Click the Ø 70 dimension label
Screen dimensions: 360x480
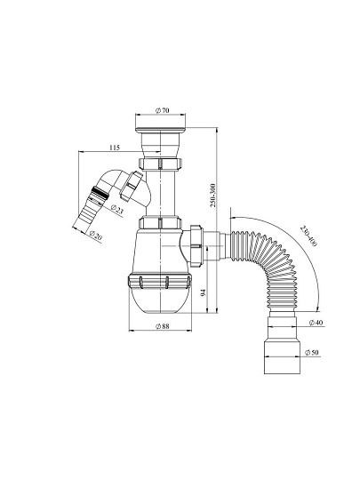163,110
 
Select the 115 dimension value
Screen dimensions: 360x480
115,148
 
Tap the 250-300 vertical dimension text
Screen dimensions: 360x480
213,196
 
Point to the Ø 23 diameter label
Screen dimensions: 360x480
116,210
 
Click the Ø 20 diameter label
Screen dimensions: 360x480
95,236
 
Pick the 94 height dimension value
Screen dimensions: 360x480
204,292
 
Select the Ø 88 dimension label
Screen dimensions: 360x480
163,326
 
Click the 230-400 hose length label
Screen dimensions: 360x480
308,236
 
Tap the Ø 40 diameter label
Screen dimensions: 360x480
316,323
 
